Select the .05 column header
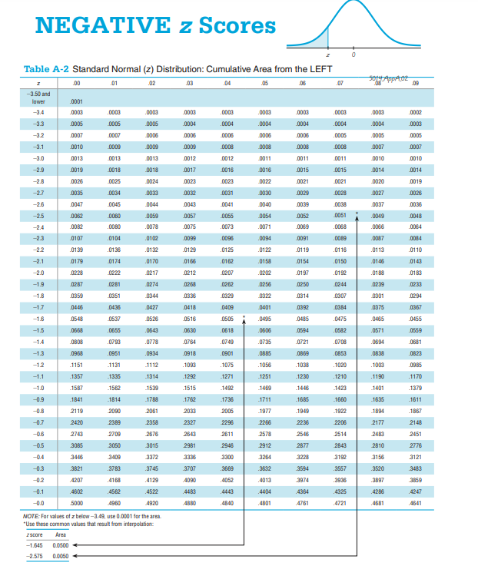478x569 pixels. pyautogui.click(x=265, y=83)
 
